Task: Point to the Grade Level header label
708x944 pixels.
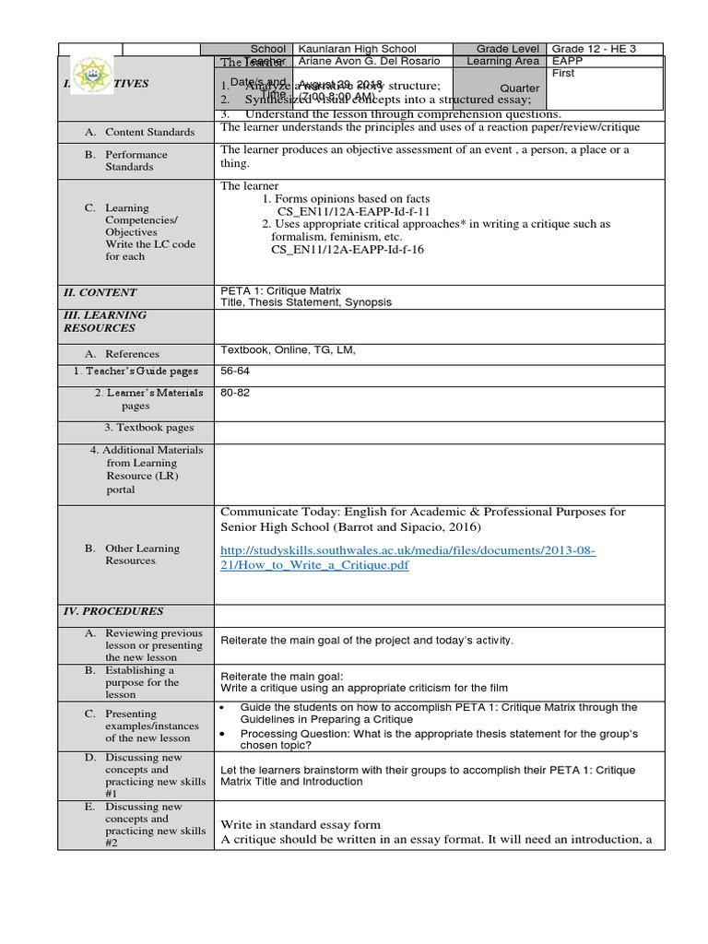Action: click(x=509, y=49)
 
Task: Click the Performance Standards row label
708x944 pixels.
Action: click(x=136, y=161)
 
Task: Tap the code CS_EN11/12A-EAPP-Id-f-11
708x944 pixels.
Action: click(x=342, y=211)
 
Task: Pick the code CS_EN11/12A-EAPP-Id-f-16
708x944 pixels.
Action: click(x=348, y=249)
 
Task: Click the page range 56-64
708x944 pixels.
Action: click(x=235, y=371)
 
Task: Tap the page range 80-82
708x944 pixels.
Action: click(x=235, y=392)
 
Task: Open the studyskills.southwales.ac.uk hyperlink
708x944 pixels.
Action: click(x=407, y=558)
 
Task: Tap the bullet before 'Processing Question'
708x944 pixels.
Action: click(x=226, y=733)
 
